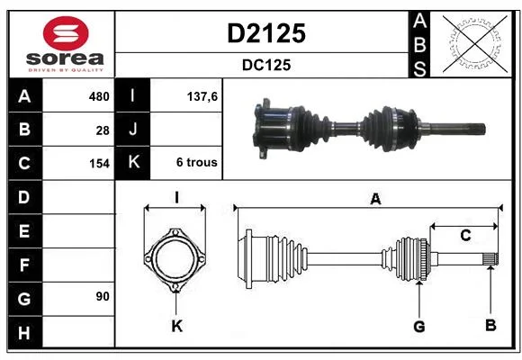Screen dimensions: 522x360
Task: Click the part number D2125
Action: pos(266,33)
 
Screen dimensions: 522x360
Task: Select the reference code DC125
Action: pos(266,65)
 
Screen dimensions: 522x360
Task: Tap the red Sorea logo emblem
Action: pos(66,33)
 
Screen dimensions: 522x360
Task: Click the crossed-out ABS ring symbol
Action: pos(475,43)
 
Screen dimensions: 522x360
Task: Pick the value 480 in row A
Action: pos(99,96)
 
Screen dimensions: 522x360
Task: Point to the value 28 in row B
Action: pos(103,130)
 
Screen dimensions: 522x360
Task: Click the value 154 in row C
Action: pos(99,164)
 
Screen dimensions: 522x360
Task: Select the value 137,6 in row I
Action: pos(202,96)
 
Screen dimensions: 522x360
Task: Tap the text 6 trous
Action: pos(197,162)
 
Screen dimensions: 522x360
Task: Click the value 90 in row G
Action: pos(103,296)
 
